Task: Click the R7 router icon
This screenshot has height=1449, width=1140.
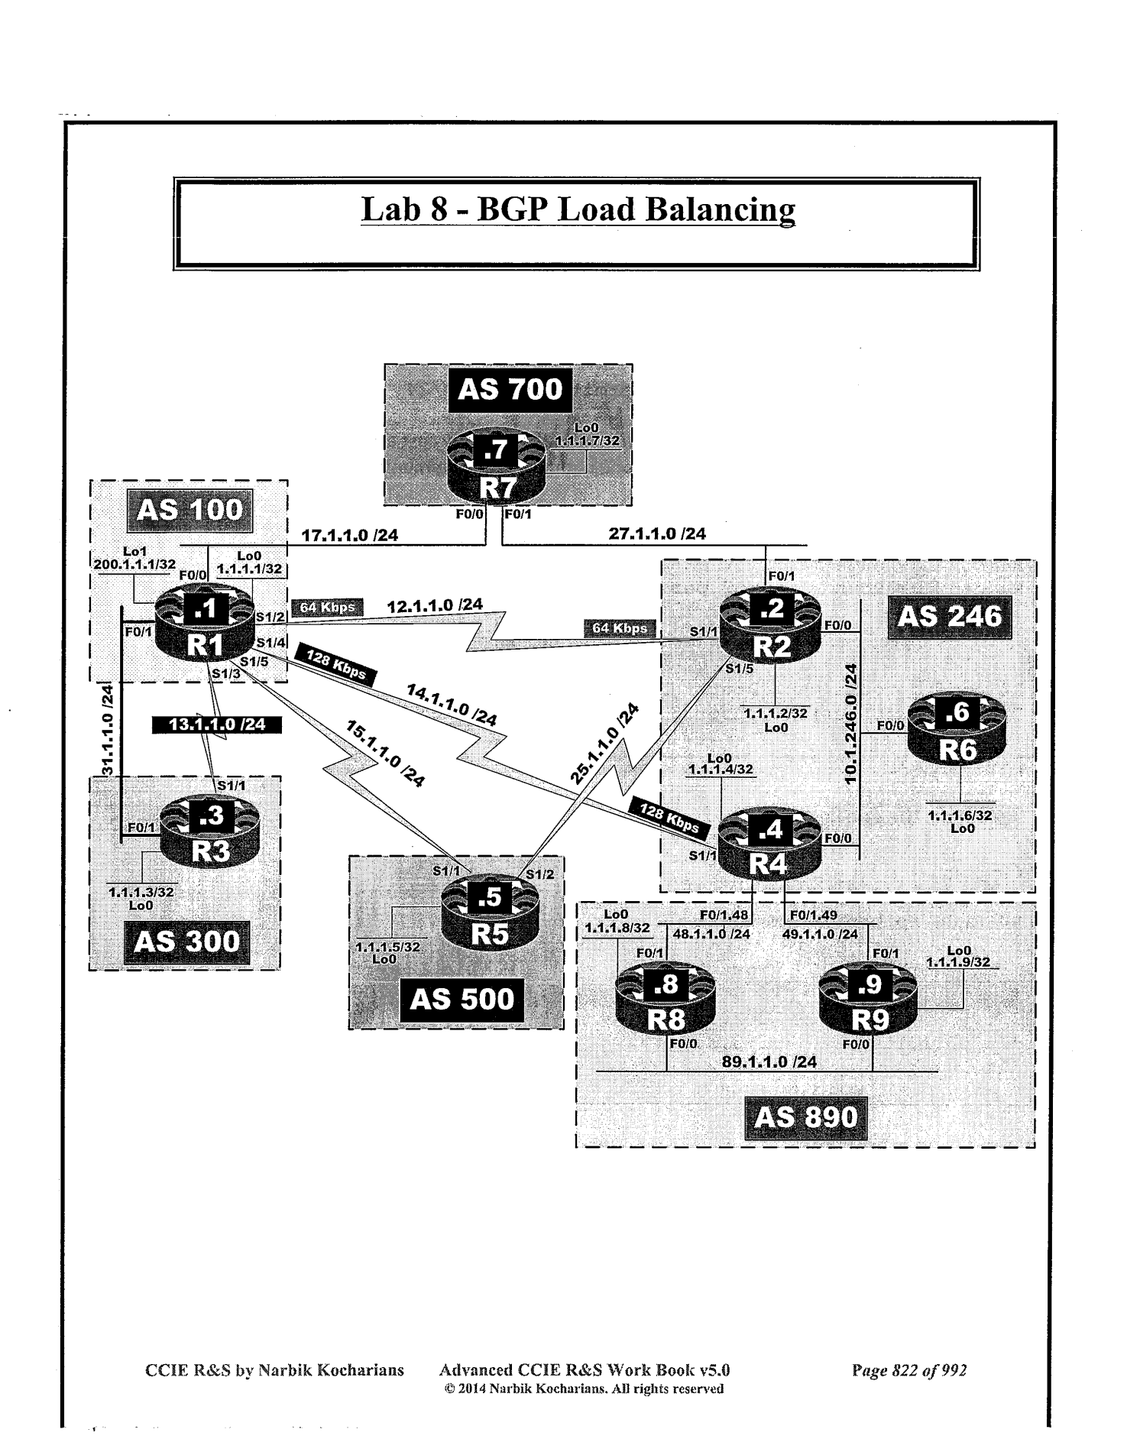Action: tap(497, 468)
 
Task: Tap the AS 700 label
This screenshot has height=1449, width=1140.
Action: tap(510, 389)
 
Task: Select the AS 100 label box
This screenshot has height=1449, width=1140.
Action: tap(189, 510)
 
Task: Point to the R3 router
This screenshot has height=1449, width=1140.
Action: tap(210, 835)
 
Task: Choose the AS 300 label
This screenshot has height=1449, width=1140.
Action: tap(186, 942)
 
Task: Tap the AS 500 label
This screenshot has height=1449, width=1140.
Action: tap(462, 999)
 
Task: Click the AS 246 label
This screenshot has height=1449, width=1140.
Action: tap(949, 616)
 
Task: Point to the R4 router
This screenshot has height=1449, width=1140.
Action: tap(770, 846)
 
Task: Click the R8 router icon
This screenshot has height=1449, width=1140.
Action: tap(666, 1002)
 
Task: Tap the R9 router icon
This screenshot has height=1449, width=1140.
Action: tap(869, 1002)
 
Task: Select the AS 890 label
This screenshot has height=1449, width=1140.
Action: tap(805, 1117)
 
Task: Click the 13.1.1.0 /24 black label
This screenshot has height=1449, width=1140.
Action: tap(216, 724)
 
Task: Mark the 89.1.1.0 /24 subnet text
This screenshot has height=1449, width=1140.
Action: tap(769, 1062)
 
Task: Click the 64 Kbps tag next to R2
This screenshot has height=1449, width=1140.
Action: tap(620, 628)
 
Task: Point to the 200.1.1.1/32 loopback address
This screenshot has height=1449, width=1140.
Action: tap(134, 564)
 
